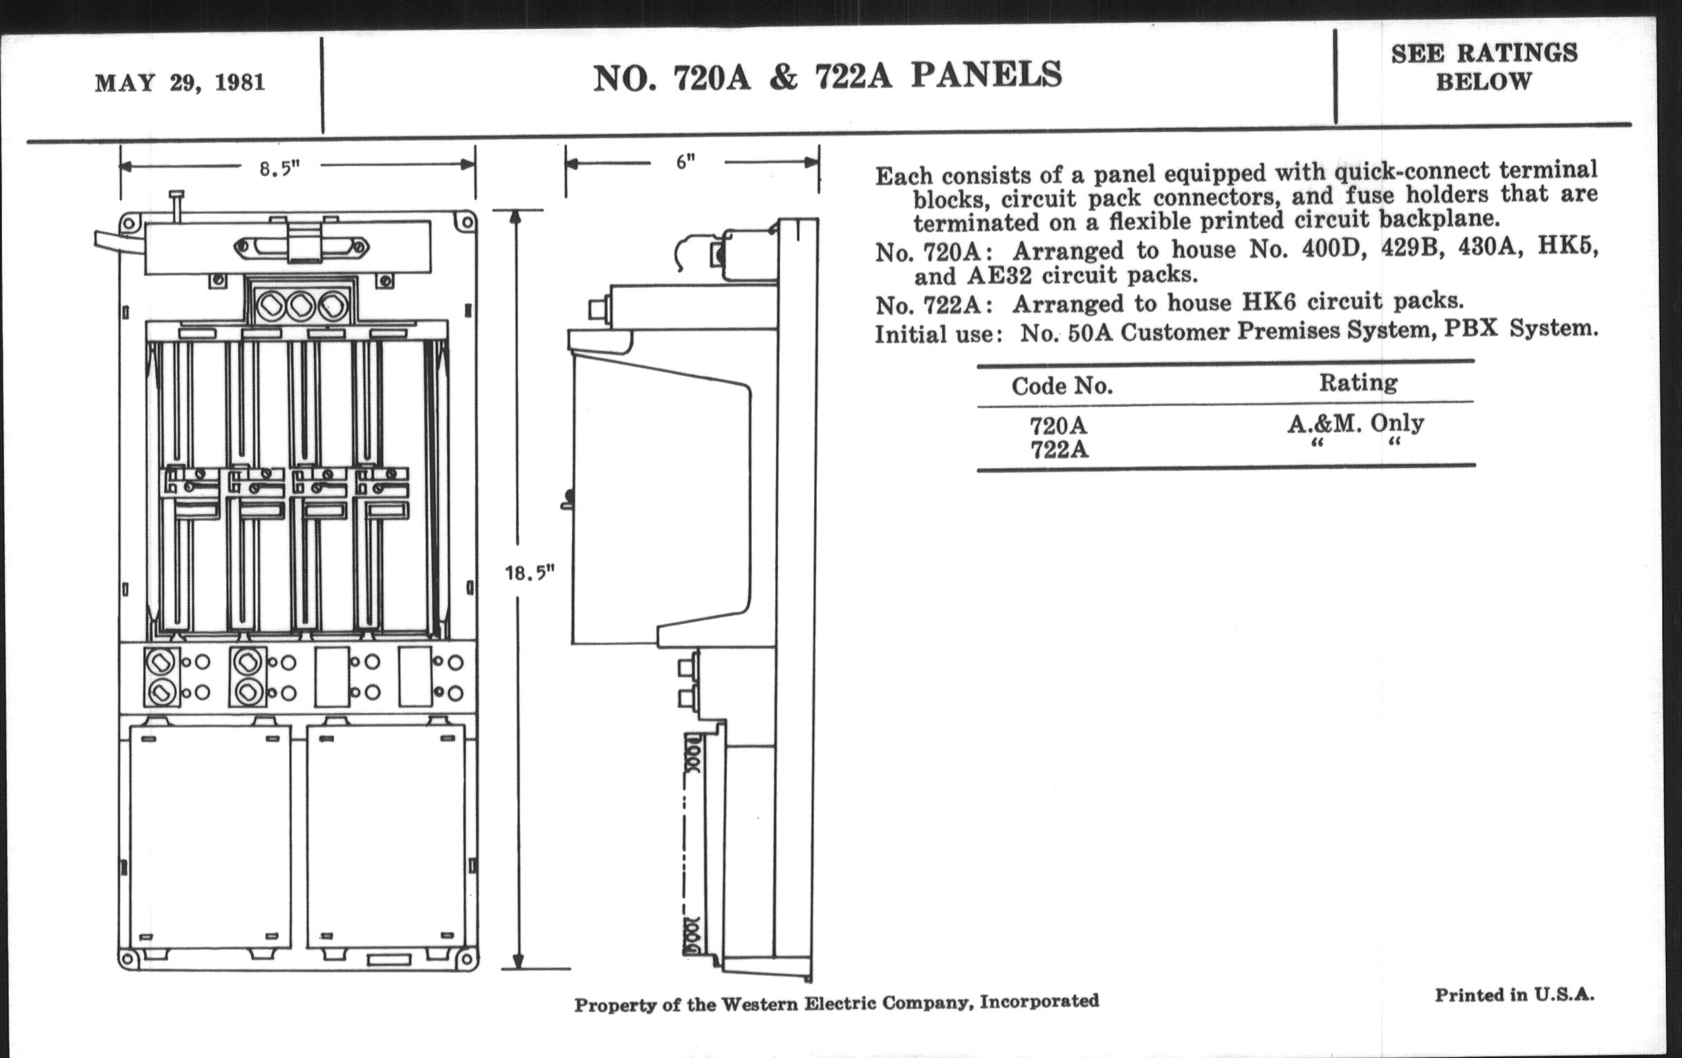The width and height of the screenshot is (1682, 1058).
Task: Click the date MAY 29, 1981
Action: point(180,83)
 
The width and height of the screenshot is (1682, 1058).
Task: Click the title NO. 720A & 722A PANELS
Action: point(827,76)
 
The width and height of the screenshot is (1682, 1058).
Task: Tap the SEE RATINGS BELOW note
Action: point(1484,67)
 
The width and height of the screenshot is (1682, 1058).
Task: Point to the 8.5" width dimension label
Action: point(279,168)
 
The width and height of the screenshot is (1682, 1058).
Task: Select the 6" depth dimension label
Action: point(685,162)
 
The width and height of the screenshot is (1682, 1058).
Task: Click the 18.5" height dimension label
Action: point(530,573)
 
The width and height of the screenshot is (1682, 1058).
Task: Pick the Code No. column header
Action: point(1062,385)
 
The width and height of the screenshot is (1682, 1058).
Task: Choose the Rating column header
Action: point(1358,382)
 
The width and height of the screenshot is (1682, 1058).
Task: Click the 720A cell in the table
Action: point(1058,425)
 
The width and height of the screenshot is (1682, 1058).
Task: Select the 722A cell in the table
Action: point(1059,449)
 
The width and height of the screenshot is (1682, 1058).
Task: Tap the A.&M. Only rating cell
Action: point(1355,423)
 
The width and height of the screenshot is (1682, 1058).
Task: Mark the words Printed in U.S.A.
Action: point(1515,995)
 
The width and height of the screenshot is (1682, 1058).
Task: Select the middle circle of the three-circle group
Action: point(301,306)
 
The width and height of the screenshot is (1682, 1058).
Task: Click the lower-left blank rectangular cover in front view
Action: point(210,838)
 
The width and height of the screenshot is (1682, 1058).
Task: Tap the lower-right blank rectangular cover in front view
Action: point(387,838)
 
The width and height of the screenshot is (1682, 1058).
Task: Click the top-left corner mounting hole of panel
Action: point(128,223)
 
